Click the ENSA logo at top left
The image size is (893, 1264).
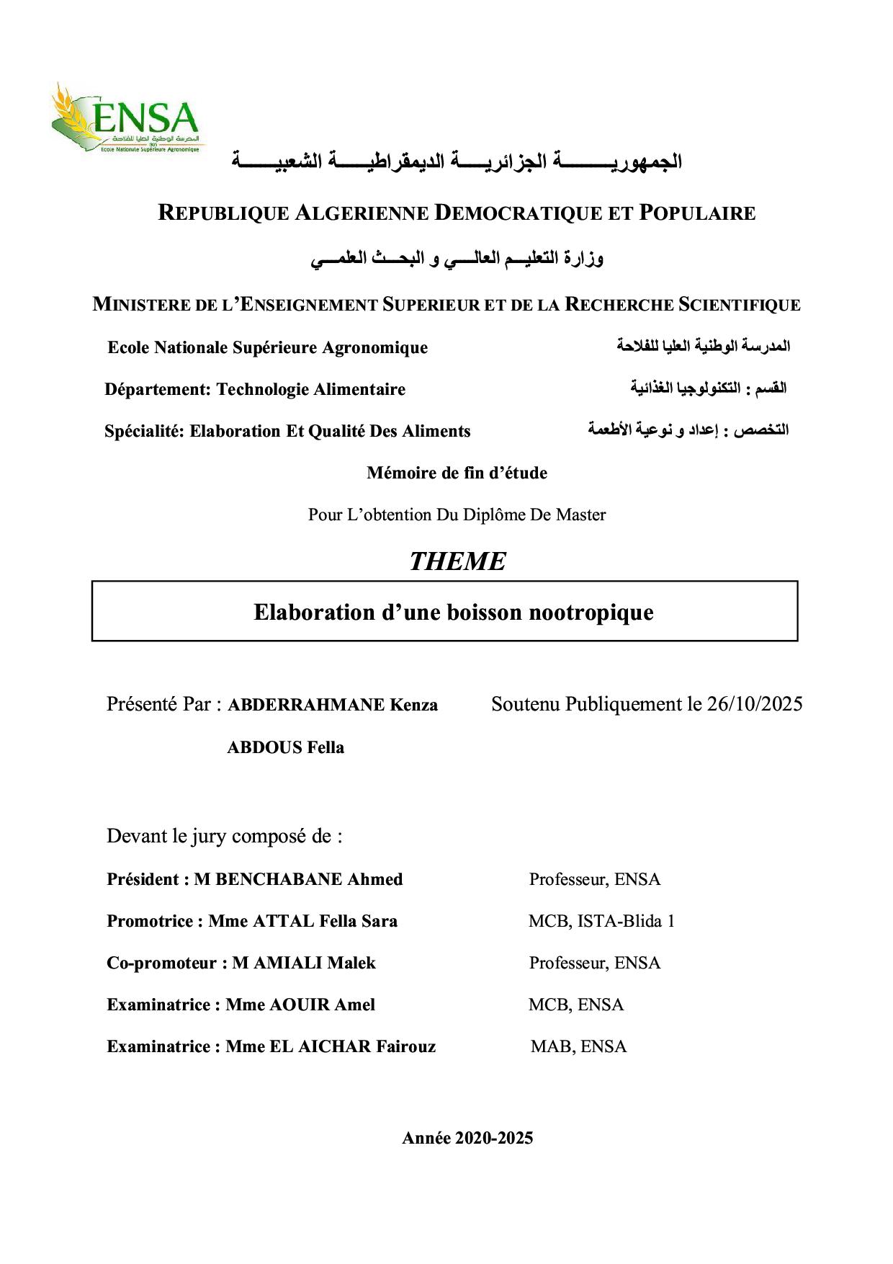pyautogui.click(x=127, y=118)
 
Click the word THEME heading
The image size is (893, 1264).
pyautogui.click(x=457, y=561)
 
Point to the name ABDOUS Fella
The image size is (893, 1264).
pyautogui.click(x=285, y=747)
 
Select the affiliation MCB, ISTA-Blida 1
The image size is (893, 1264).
pyautogui.click(x=601, y=921)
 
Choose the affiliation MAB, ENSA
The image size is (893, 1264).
pyautogui.click(x=578, y=1046)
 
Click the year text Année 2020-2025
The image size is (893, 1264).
pyautogui.click(x=467, y=1138)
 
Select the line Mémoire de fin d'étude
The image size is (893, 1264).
pyautogui.click(x=457, y=473)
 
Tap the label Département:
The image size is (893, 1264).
pyautogui.click(x=158, y=389)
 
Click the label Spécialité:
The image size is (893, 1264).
pyautogui.click(x=144, y=431)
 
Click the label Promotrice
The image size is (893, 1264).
pyautogui.click(x=150, y=921)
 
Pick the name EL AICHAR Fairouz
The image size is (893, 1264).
pyautogui.click(x=352, y=1046)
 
